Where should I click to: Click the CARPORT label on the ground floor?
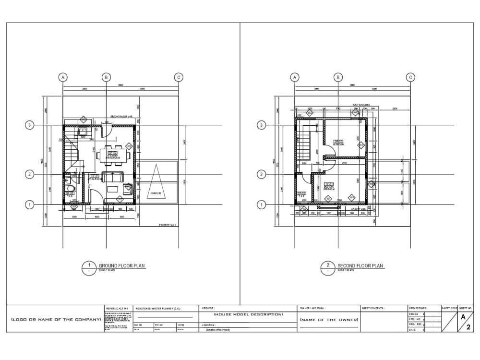click(156, 194)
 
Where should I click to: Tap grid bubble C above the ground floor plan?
click(179, 77)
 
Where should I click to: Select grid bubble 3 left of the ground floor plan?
click(29, 125)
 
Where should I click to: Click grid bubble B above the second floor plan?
click(338, 77)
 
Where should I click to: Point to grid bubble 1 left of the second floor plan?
click(262, 205)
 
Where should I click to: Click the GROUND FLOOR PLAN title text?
click(121, 266)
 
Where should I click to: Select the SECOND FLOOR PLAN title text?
click(360, 266)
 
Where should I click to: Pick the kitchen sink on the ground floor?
click(83, 130)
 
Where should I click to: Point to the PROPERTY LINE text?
click(168, 225)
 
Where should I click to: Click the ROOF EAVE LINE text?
click(361, 105)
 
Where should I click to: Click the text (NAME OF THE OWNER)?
click(329, 320)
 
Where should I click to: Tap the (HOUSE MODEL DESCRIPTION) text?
click(248, 314)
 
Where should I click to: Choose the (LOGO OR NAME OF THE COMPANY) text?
click(56, 319)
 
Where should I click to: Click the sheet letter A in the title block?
click(463, 317)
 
